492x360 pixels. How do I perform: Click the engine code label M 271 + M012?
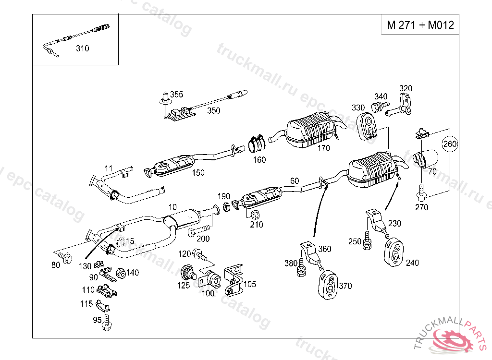420,25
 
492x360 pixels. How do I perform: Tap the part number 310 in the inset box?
83,48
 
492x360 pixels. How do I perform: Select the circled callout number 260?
450,144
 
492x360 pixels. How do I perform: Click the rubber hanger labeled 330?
367,127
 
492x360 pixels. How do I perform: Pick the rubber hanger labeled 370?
328,285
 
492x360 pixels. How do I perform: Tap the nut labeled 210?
255,215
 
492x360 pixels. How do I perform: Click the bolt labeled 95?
107,323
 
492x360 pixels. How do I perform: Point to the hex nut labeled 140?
121,274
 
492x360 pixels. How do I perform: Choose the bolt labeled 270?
421,192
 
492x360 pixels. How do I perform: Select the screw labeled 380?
302,267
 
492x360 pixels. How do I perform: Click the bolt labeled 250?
367,241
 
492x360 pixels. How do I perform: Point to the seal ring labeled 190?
226,207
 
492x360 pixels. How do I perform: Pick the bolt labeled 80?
65,257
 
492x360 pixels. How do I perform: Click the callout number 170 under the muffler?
323,148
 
